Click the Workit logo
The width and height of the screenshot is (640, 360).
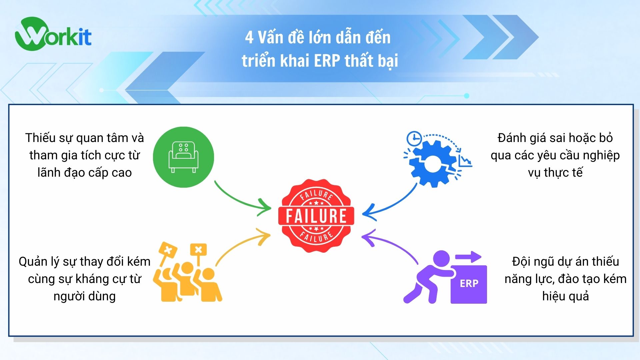click(53, 35)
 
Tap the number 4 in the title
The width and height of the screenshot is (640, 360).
click(249, 37)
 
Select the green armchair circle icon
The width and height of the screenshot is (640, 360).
click(183, 157)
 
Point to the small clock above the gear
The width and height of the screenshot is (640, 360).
click(414, 138)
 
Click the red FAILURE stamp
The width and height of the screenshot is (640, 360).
click(316, 216)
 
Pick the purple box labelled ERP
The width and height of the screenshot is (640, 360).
click(469, 284)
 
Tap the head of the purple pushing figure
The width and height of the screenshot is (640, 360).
click(442, 259)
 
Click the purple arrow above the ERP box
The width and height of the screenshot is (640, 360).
click(468, 257)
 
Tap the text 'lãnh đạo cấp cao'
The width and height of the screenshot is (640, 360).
click(85, 173)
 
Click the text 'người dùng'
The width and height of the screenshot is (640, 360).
click(85, 296)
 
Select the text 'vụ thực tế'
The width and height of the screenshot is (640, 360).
click(555, 173)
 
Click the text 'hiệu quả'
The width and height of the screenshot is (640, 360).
click(565, 296)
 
